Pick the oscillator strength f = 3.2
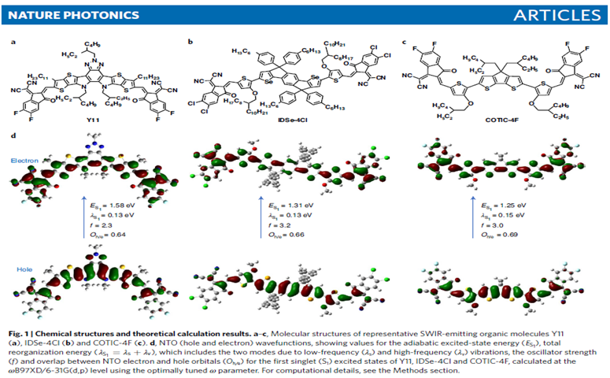coord(289,223)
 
